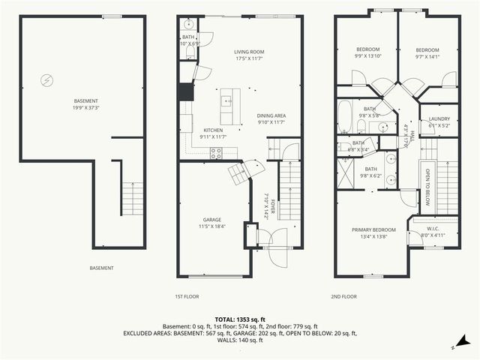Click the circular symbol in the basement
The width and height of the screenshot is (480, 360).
(46, 78)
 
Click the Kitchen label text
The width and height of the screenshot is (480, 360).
(213, 130)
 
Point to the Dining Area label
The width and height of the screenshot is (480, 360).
(271, 115)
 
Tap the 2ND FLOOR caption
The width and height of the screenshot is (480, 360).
(344, 296)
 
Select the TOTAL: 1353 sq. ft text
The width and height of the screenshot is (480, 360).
(239, 319)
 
